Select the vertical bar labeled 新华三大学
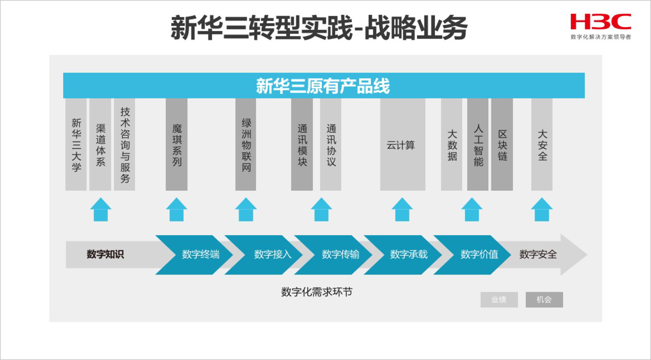click(76, 145)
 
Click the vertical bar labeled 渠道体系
click(100, 145)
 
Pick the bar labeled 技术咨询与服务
click(124, 145)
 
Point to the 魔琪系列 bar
click(176, 145)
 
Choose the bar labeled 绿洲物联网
click(246, 145)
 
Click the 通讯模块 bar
click(302, 145)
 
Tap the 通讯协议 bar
click(331, 145)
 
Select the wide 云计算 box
click(403, 145)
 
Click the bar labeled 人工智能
click(478, 145)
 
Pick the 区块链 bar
click(502, 145)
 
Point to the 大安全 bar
click(542, 145)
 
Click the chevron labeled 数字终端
click(195, 254)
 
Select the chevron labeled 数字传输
click(335, 254)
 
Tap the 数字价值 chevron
click(474, 254)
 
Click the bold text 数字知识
click(105, 254)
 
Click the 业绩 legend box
click(499, 300)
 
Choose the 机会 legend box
click(544, 300)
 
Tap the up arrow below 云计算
click(402, 210)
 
